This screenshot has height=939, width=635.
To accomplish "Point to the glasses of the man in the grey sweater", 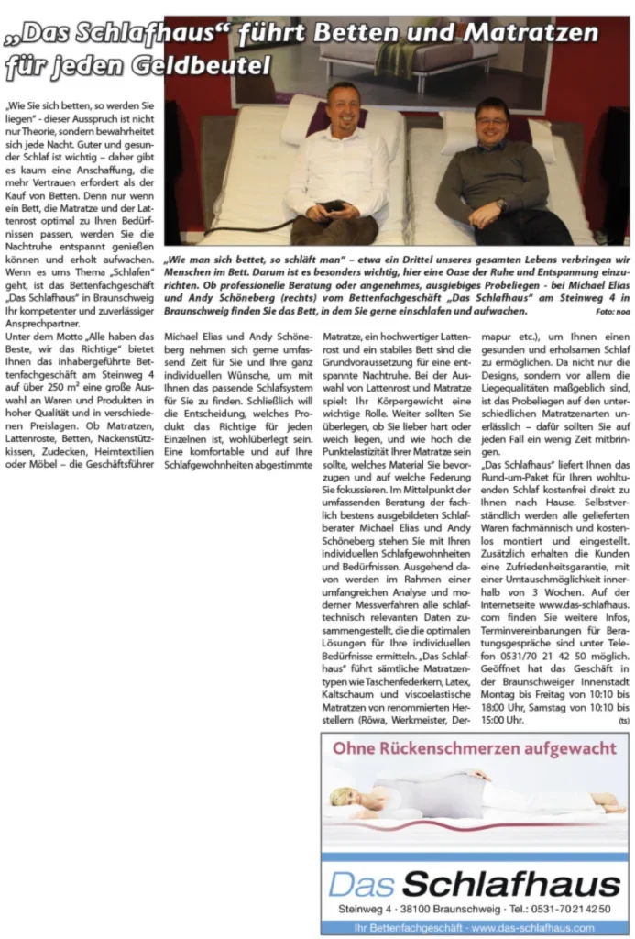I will [491, 122].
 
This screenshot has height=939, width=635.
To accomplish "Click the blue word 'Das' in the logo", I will [362, 884].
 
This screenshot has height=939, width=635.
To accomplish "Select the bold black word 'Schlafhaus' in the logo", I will [510, 884].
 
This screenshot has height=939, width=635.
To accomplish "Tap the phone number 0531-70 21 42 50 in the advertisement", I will [574, 909].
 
